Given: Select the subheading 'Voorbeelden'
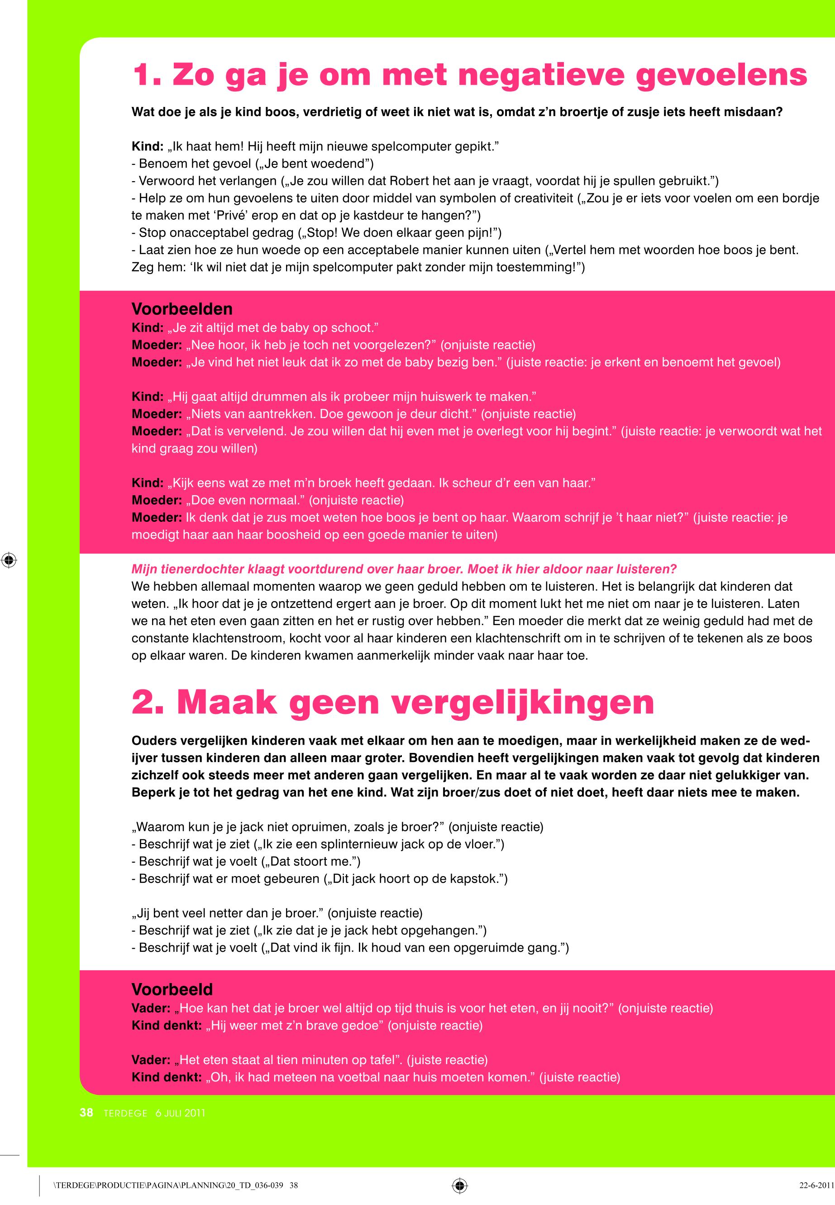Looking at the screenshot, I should click(x=182, y=308).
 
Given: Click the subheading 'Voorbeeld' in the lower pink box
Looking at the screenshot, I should click(x=172, y=989).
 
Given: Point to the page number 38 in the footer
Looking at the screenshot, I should click(x=86, y=1113).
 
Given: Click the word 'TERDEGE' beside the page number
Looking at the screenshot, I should click(x=125, y=1113).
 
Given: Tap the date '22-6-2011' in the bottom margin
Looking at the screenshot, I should click(x=816, y=1186).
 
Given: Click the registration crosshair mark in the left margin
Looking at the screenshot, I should click(x=9, y=560).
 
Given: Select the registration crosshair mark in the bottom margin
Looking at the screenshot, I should click(x=459, y=1186).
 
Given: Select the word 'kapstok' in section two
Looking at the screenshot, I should click(x=473, y=879).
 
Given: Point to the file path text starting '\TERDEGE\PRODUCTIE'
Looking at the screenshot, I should click(x=176, y=1186).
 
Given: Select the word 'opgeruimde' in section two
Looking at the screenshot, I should click(x=489, y=947).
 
